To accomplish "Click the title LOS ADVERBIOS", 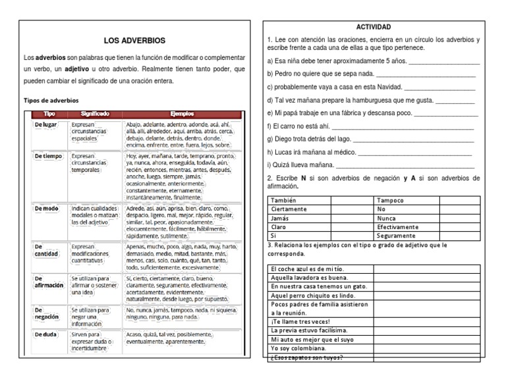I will pos(134,41).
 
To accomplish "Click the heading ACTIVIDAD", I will pos(374,27).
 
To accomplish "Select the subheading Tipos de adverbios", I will pos(51,101).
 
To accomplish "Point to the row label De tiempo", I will pos(48,157).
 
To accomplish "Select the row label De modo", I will pos(46,208).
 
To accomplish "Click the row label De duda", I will pos(45,334).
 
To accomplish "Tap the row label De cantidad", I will pos(47,250).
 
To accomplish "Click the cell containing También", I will pos(284,200).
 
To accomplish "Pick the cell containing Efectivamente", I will pos(398,226).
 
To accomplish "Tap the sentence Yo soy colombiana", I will pos(298,348).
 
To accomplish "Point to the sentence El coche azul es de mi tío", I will pos(307,269).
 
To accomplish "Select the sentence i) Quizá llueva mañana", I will pos(300,165).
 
